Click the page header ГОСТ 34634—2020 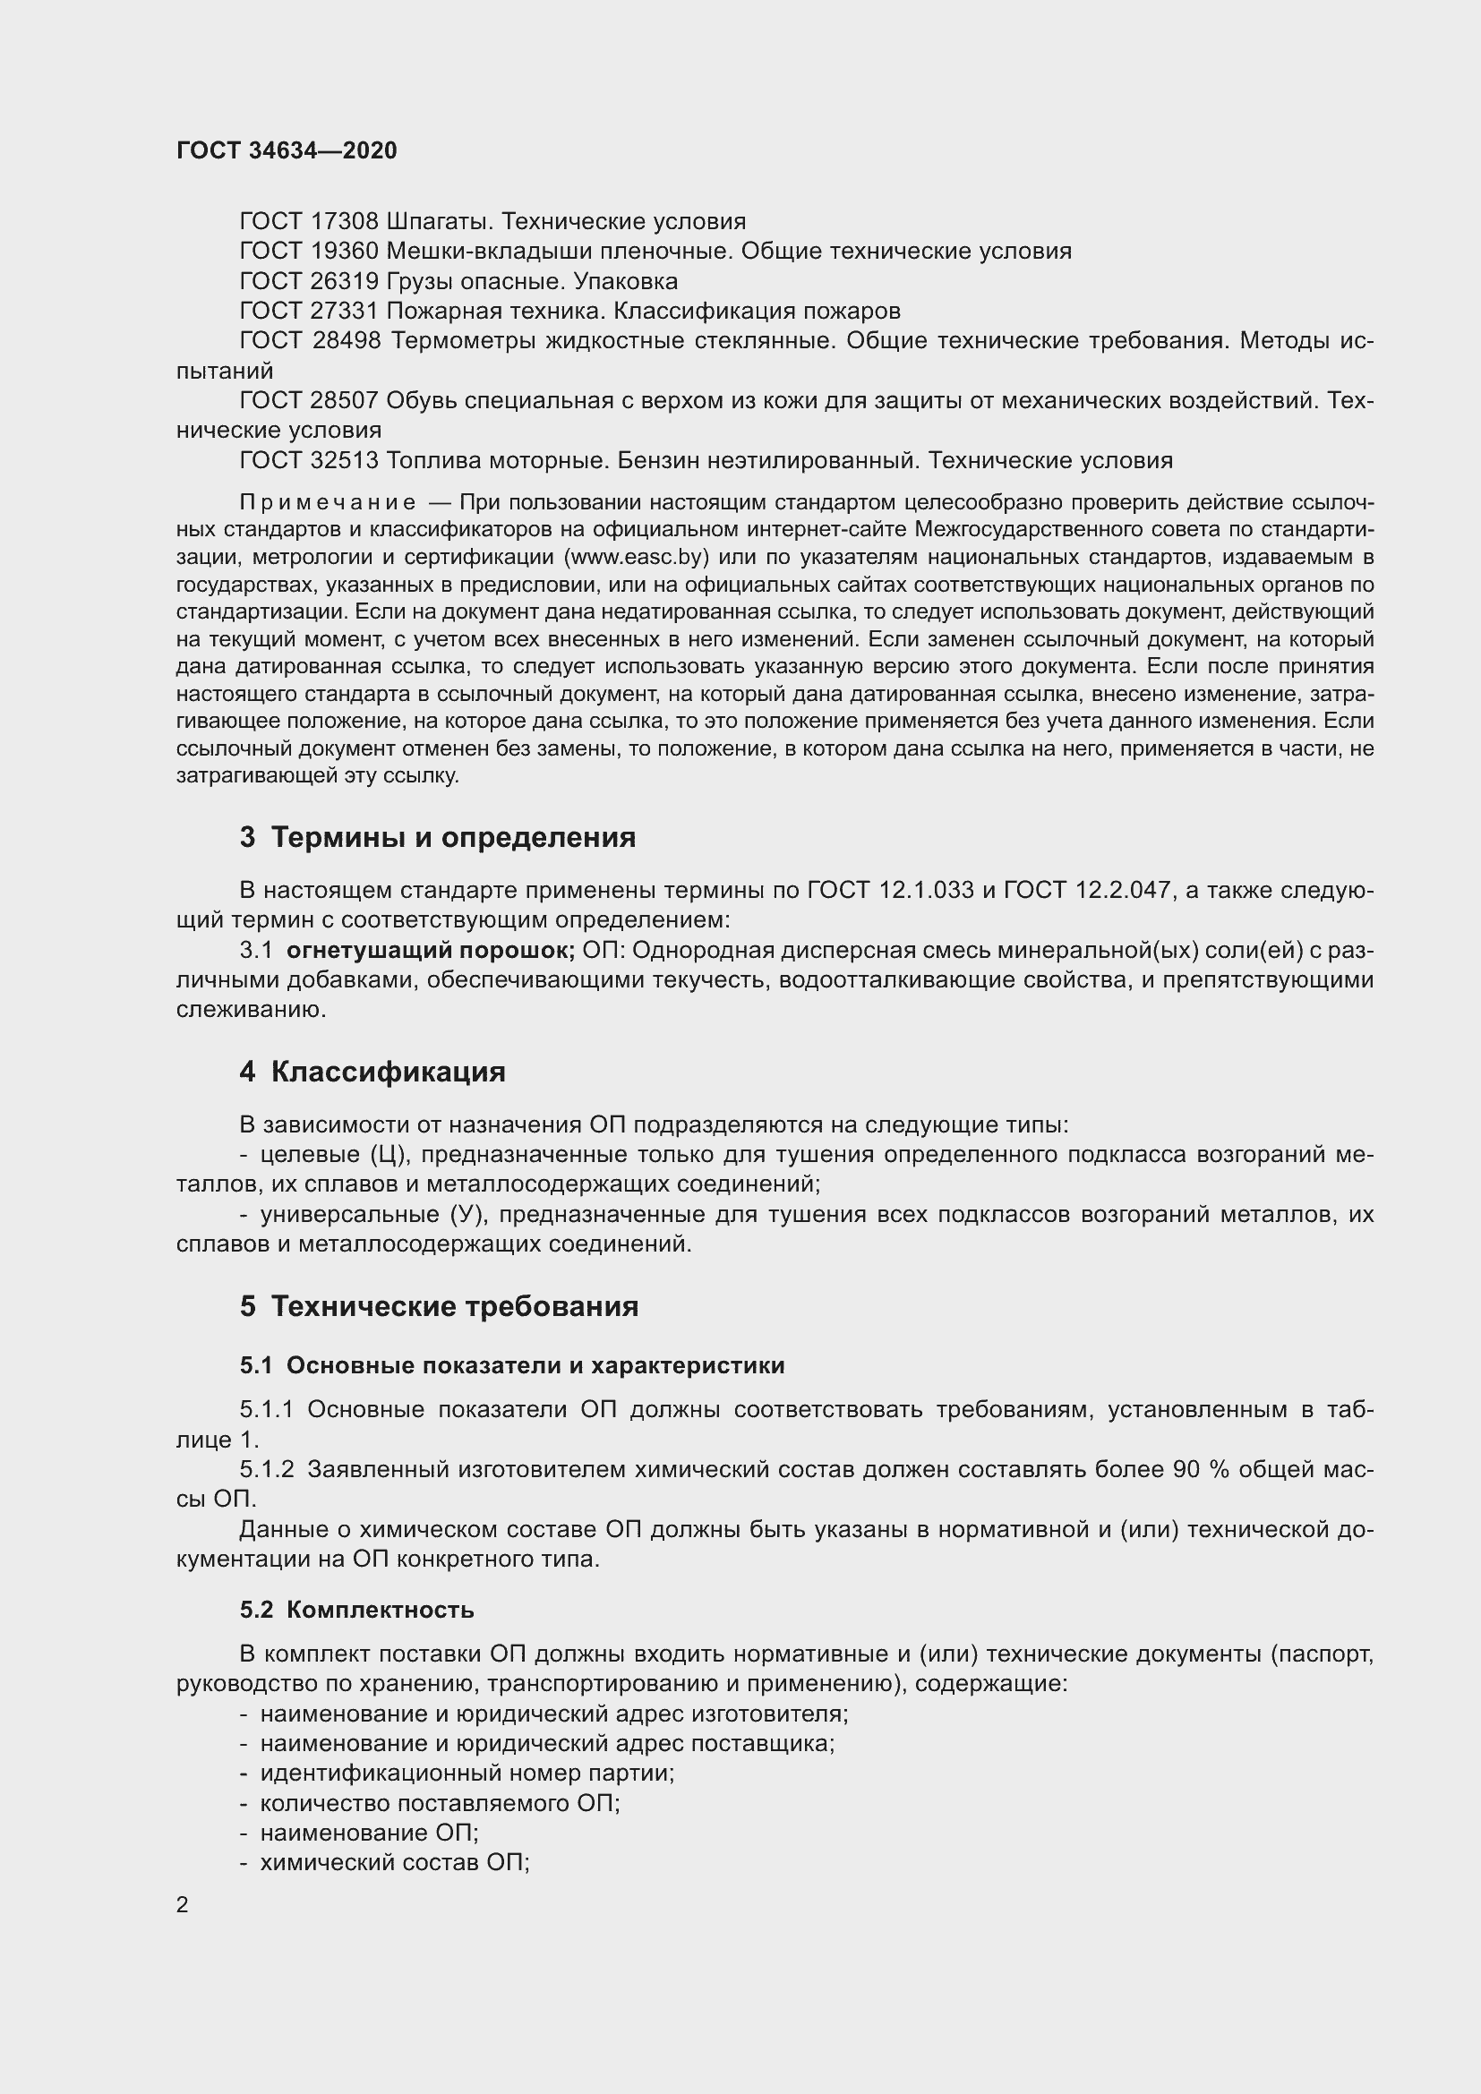click(x=287, y=150)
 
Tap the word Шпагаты click(x=441, y=222)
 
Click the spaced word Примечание click(x=328, y=502)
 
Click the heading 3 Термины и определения click(x=438, y=837)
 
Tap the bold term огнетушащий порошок click(x=430, y=951)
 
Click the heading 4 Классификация click(x=372, y=1072)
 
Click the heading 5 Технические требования click(x=439, y=1306)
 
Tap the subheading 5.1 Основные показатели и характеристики click(x=511, y=1365)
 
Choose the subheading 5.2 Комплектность click(x=356, y=1610)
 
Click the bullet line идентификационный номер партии click(x=466, y=1773)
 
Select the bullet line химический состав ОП click(x=394, y=1862)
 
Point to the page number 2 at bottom click(x=183, y=1905)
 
